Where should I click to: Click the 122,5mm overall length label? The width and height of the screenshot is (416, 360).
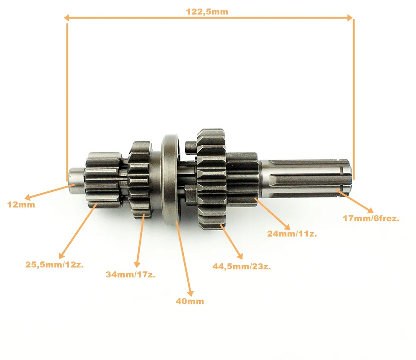coord(207,12)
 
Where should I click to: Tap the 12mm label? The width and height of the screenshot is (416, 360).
coord(21,205)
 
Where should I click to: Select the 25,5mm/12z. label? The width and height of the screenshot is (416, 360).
coord(54,264)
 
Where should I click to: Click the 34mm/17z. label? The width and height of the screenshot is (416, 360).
coord(130,274)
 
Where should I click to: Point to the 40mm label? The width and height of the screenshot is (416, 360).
coord(190,301)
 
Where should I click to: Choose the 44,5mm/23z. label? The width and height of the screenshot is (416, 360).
coord(241,266)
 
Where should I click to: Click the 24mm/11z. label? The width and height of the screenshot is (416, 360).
coord(292,233)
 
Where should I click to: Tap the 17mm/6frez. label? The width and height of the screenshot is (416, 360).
coord(371,218)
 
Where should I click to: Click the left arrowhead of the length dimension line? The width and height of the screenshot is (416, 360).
coord(67,18)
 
